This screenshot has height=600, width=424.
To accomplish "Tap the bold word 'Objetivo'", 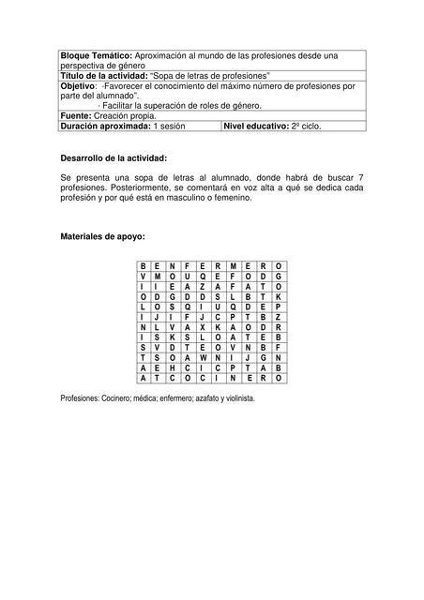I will click(x=78, y=86).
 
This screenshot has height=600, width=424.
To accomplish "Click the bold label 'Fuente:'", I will click(x=76, y=115).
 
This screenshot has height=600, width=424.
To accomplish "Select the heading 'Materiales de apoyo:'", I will click(x=102, y=237).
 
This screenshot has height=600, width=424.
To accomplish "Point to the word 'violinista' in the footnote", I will click(x=235, y=397).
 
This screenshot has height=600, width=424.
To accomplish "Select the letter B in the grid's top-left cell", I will click(x=143, y=266).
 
